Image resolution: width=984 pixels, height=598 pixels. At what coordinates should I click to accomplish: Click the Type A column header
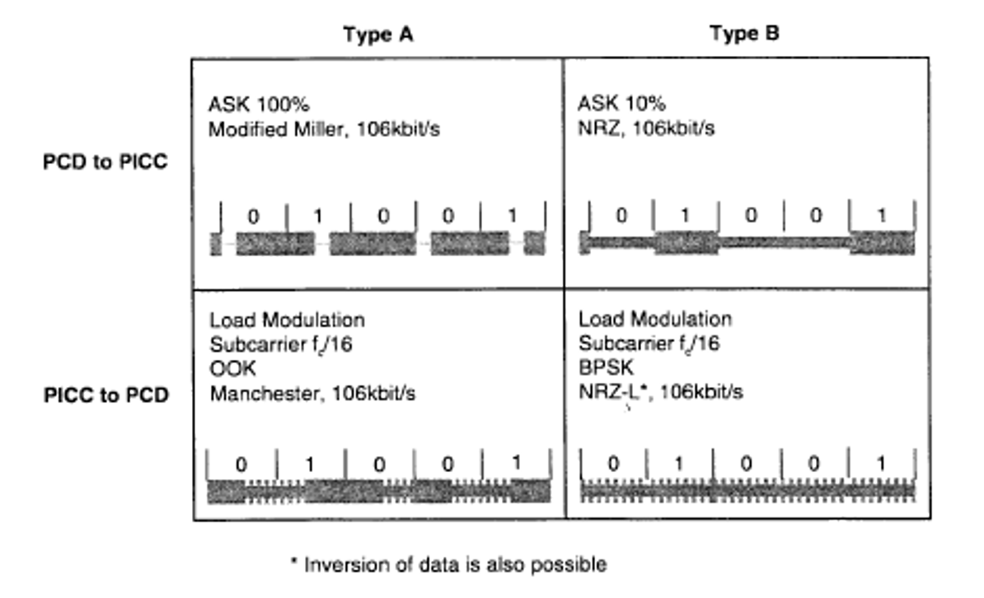[x=378, y=35]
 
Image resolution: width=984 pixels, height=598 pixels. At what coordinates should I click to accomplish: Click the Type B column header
[x=744, y=35]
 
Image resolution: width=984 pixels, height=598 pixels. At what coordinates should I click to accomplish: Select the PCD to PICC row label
[x=105, y=161]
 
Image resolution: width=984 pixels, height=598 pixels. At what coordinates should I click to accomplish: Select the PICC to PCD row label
[x=105, y=395]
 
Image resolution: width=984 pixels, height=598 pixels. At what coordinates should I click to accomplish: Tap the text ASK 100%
[x=259, y=105]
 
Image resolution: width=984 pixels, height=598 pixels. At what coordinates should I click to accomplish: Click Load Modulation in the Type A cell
[x=287, y=320]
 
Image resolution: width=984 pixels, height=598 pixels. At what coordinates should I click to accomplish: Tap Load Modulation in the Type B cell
[x=654, y=319]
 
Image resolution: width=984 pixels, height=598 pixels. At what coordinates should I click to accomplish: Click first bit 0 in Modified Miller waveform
[x=253, y=217]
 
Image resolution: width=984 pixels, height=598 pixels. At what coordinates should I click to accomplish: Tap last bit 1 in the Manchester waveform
[x=516, y=463]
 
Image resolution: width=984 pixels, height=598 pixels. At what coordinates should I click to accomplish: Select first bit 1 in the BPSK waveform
[x=679, y=463]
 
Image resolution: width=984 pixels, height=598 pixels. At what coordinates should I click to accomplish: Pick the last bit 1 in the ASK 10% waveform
[x=882, y=216]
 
